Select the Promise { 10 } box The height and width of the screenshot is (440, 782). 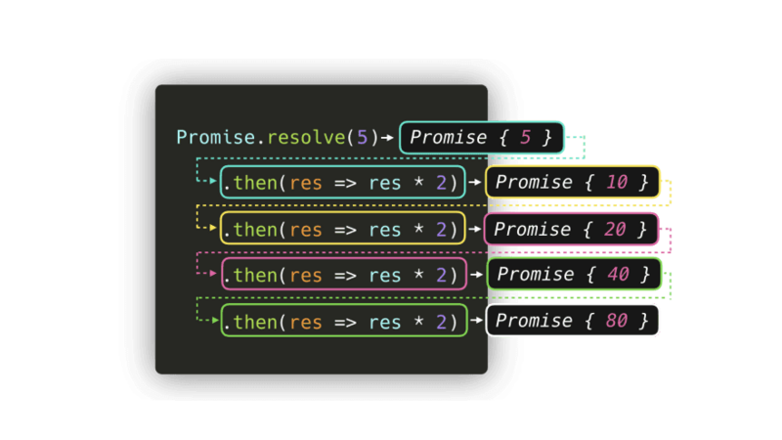(573, 182)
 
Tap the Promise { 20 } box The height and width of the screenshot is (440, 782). (572, 229)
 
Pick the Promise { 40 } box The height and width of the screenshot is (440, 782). (574, 274)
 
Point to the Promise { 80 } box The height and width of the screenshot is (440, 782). (574, 320)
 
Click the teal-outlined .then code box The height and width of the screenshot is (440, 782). (342, 182)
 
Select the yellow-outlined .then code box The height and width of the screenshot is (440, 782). (342, 229)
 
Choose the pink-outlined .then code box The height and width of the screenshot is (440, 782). (342, 274)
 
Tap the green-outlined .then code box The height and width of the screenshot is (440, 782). (342, 320)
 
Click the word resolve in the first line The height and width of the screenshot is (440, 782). (305, 137)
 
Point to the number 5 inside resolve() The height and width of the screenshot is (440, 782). (361, 137)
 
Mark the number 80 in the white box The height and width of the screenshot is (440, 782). (616, 320)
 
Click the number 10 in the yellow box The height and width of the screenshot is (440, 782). (616, 182)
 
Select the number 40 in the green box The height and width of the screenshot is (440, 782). (617, 274)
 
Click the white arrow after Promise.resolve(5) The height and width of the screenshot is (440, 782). (388, 137)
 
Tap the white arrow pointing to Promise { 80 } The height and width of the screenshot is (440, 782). (476, 320)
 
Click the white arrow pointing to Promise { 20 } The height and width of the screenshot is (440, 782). (476, 229)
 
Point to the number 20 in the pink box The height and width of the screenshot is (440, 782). (616, 229)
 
